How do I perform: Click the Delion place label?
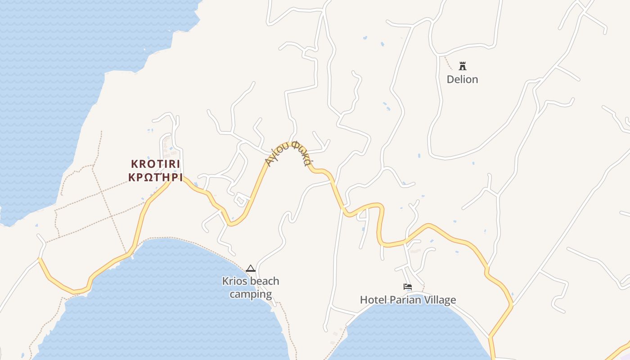coord(462,80)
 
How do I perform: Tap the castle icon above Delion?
coord(462,66)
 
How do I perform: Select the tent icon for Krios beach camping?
coord(251,269)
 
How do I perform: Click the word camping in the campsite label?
coord(251,295)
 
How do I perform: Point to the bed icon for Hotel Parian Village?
coord(408,287)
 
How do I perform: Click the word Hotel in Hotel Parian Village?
coord(372,300)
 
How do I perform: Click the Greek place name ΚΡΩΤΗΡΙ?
coord(155,177)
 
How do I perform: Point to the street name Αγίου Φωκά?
coord(288,152)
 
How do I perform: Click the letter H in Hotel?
coord(363,300)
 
